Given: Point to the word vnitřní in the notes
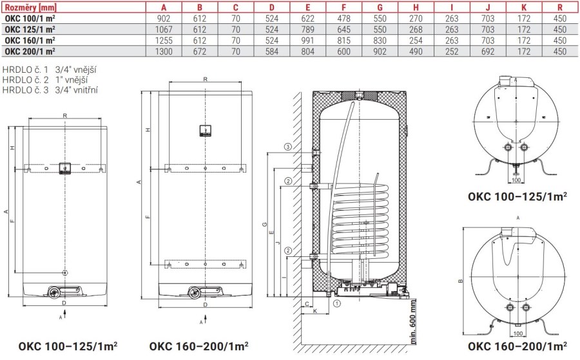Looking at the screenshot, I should click(x=84, y=90).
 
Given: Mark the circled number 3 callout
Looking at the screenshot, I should click(x=288, y=147).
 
